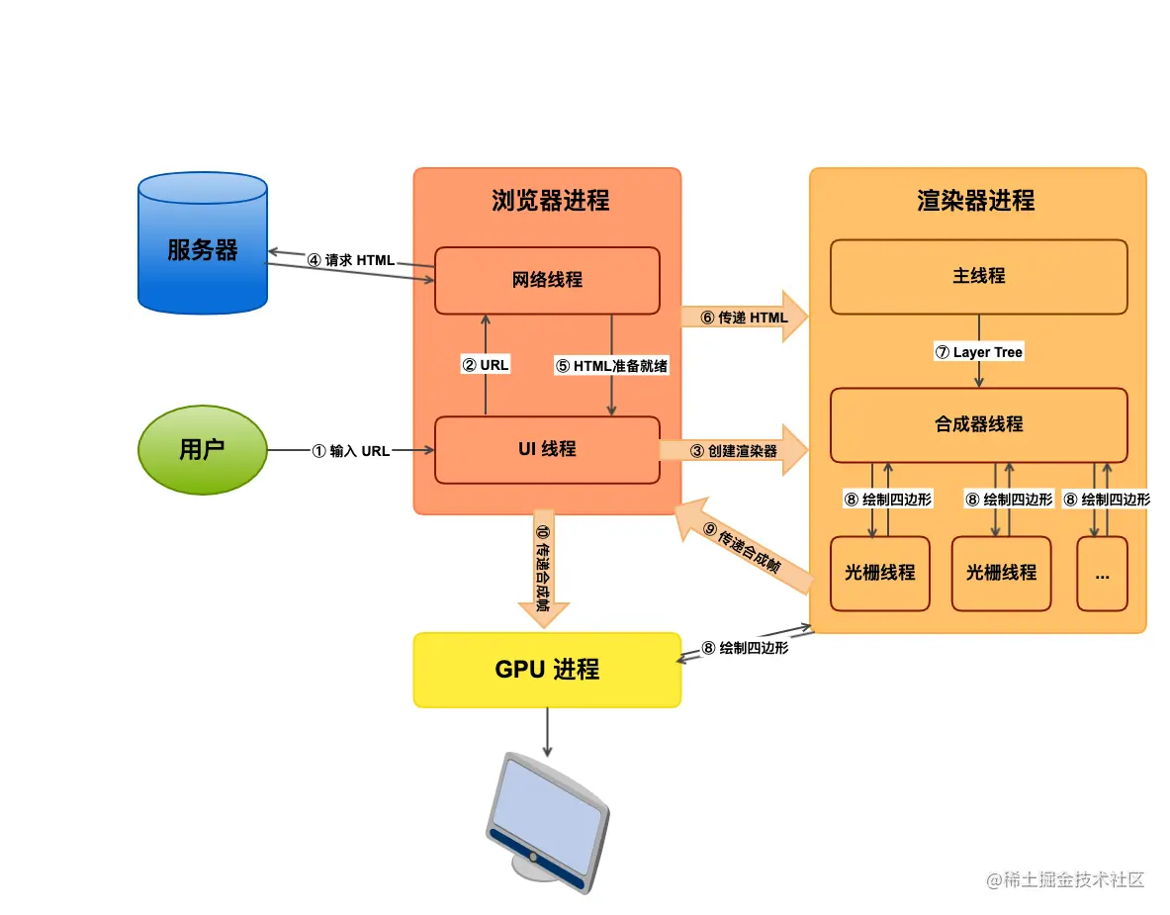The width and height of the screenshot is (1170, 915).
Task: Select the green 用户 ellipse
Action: pos(202,450)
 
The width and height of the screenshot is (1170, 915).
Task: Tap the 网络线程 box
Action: pos(547,280)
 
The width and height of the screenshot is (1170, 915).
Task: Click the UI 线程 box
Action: pos(547,450)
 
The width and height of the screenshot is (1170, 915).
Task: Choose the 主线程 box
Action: pos(978,276)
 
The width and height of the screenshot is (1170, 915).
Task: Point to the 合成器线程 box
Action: pos(978,424)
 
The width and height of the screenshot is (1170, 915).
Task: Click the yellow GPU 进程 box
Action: pos(547,670)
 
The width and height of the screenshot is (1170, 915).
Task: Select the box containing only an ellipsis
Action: pos(1102,574)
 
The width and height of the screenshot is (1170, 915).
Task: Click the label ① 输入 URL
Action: pos(351,451)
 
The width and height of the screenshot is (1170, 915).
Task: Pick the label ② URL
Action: pos(486,365)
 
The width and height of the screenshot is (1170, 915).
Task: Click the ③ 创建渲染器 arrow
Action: pos(734,451)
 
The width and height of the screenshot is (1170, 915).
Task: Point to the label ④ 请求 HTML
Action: pos(350,261)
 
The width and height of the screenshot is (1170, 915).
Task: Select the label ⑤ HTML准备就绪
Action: pos(611,366)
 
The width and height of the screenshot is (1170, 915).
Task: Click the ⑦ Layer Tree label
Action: pos(978,352)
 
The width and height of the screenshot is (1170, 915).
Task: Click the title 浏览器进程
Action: pos(550,201)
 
